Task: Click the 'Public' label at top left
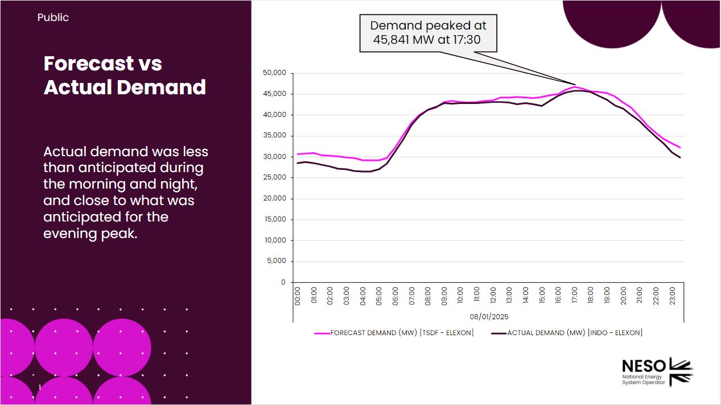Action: [x=53, y=18]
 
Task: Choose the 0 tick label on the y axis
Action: [x=283, y=282]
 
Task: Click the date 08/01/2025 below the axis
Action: [x=489, y=316]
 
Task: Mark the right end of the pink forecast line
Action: [x=680, y=148]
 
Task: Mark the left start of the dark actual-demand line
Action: [x=298, y=163]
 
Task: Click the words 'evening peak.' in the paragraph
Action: [x=90, y=233]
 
